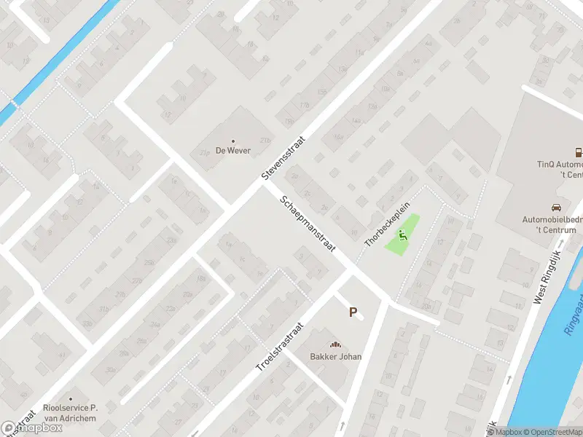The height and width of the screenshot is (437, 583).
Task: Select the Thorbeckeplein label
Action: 383,223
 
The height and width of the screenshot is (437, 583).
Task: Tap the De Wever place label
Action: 233,151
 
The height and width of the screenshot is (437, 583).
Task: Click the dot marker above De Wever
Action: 233,141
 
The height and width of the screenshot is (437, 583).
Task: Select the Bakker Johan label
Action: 336,356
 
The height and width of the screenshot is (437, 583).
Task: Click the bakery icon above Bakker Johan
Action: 336,345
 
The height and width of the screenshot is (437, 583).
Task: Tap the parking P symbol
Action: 353,312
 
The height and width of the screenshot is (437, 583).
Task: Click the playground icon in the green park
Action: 402,235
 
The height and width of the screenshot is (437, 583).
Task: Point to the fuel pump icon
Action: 579,153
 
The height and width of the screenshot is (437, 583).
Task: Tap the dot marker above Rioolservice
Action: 71,399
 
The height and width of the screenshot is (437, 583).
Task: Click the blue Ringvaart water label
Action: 573,320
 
